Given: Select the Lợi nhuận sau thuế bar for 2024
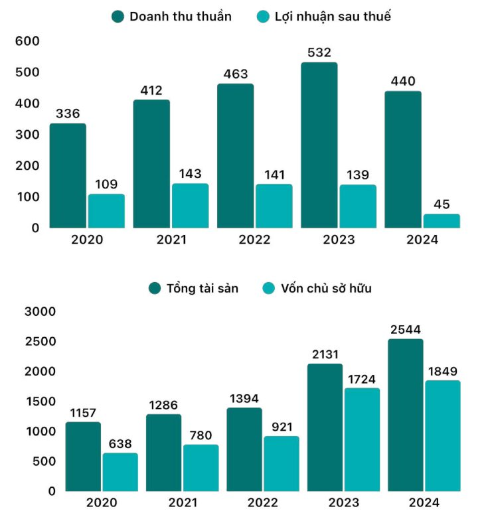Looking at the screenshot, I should tap(442, 221).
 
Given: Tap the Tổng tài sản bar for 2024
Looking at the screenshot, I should tap(405, 415).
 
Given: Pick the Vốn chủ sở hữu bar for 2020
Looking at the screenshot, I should tap(120, 472).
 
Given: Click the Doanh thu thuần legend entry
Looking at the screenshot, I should tap(172, 17).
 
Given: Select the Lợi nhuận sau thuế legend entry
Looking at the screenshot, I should tap(323, 17).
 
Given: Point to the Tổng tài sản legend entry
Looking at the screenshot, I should tap(194, 288).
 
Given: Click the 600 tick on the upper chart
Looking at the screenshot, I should tap(27, 41).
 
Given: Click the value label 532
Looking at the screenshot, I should tap(319, 52).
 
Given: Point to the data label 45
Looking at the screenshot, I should tap(442, 204).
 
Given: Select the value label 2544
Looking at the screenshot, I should tap(405, 329).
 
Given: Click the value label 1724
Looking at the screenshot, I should tap(362, 378).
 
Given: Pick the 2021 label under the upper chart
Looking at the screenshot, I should tap(171, 240).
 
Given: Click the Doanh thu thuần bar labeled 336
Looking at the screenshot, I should tap(68, 175).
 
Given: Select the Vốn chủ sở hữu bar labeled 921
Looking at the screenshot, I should tap(281, 463).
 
